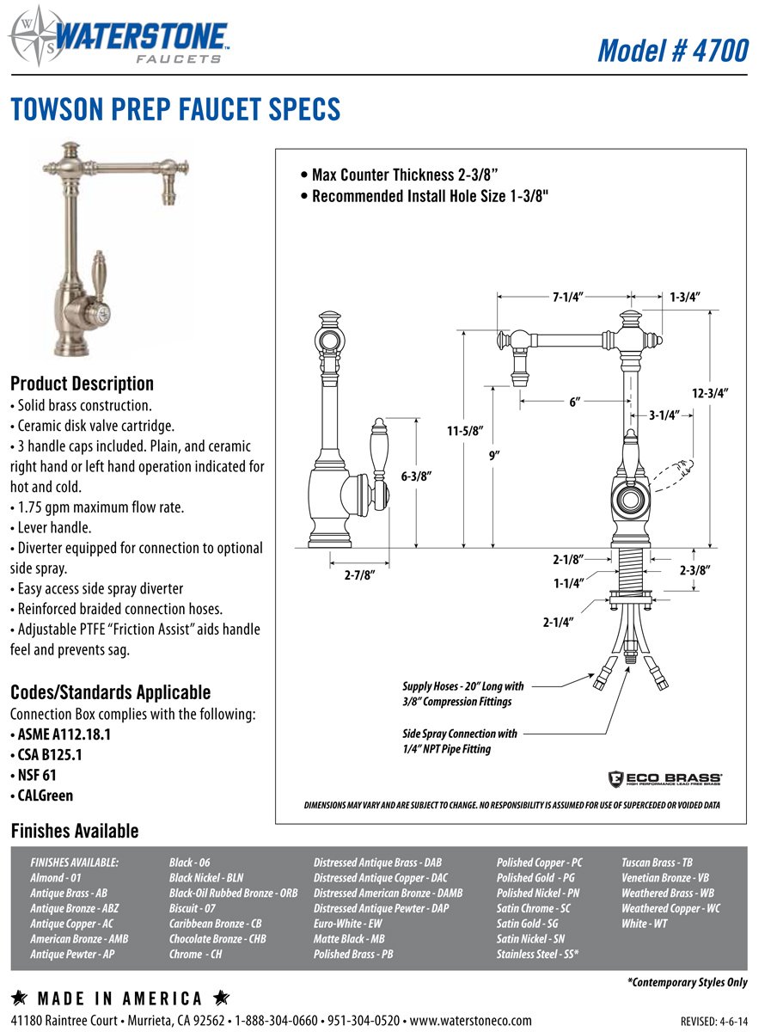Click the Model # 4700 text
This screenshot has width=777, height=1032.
click(x=672, y=50)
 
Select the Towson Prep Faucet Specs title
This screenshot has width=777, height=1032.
click(x=175, y=110)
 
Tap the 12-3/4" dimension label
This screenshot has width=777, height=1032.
click(x=710, y=393)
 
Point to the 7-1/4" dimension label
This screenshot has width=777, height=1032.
click(x=568, y=297)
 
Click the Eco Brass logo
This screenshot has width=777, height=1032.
click(x=664, y=777)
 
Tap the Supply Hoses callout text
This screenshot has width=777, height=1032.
click(x=462, y=694)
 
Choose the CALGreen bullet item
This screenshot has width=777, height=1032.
click(x=45, y=795)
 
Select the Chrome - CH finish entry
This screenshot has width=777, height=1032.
click(x=195, y=955)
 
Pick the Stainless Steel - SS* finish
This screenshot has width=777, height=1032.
click(x=537, y=955)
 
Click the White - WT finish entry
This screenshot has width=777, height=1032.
click(x=644, y=924)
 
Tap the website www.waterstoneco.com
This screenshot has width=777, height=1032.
click(x=470, y=1021)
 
